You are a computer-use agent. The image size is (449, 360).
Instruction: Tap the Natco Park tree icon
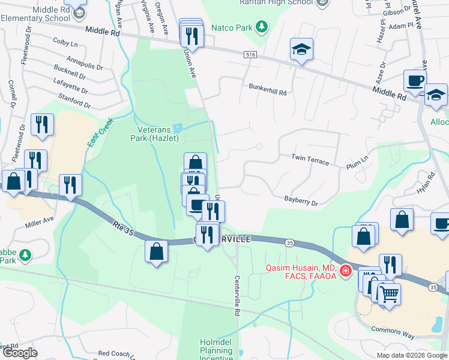point(261,27)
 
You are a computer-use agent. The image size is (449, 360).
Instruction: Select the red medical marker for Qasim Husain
point(345,271)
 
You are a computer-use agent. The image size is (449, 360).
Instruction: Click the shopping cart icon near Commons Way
point(389,294)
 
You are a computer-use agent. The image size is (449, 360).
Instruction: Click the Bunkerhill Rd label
point(268,86)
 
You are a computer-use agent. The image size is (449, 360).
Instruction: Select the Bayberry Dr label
point(301,200)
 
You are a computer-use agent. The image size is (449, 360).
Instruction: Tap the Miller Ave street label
point(40,224)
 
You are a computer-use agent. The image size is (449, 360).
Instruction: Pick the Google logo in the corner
point(20,353)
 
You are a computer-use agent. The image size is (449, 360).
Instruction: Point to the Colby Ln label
point(65,43)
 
